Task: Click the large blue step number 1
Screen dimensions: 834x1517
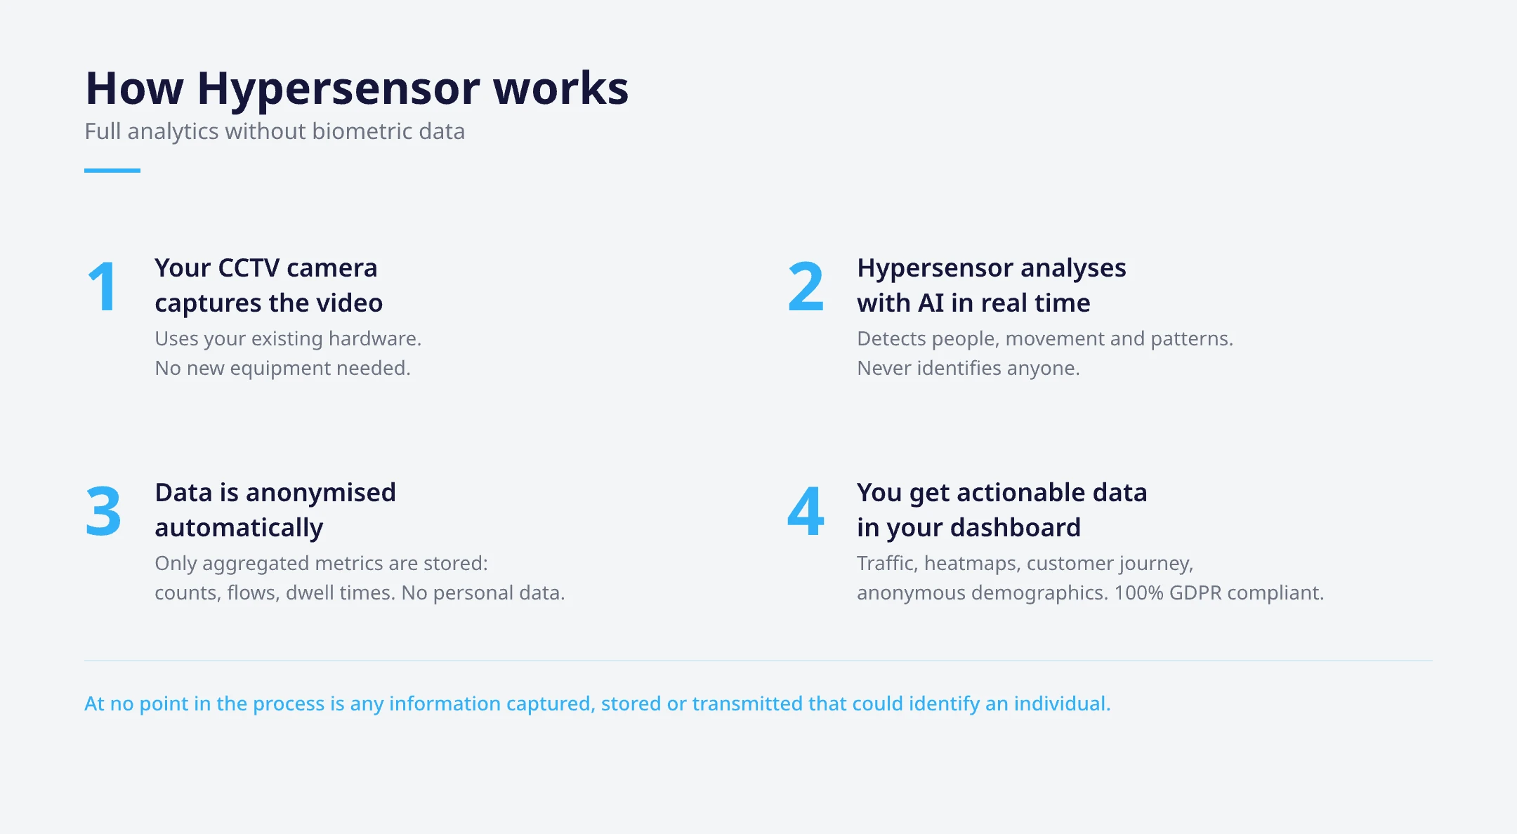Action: pos(103,286)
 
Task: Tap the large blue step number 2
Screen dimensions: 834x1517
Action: pos(806,286)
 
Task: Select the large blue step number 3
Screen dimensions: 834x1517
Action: pos(103,511)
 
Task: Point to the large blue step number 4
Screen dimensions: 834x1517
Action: pos(806,511)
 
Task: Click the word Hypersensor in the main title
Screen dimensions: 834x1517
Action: pos(339,88)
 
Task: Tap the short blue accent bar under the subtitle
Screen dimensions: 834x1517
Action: pos(112,170)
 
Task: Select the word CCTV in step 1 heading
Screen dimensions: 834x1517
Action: pos(249,268)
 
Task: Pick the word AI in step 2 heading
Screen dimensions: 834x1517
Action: pos(931,303)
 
